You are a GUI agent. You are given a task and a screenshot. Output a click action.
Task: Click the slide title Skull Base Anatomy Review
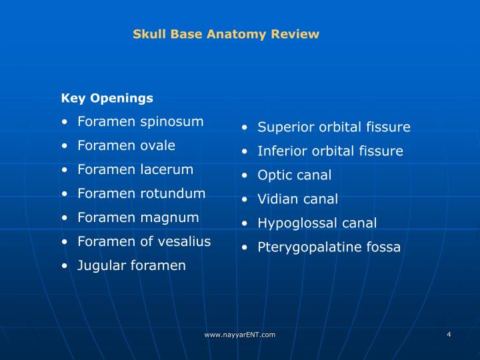tap(226, 34)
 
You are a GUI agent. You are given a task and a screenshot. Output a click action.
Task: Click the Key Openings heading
tap(107, 98)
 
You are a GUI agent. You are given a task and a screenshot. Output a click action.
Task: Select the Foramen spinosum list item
tap(140, 121)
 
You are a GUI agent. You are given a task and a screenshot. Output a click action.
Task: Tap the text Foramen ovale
tap(126, 145)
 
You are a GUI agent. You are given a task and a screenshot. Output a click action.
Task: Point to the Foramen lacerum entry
tap(135, 169)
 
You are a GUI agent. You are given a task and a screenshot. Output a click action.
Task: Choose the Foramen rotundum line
tap(141, 193)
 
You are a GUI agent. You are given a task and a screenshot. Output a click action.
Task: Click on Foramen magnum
tap(138, 217)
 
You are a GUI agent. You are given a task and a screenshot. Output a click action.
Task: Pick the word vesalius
tap(185, 241)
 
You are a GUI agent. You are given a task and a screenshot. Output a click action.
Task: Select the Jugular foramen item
tap(131, 265)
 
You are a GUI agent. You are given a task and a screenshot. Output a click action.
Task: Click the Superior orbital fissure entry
tap(334, 127)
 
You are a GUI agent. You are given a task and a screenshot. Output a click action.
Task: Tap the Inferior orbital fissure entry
tap(330, 151)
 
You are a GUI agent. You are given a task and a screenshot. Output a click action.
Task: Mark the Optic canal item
tap(294, 175)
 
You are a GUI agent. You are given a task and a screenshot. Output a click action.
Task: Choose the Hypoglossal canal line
tap(317, 223)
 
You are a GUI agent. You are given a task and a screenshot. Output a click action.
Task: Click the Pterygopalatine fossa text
tap(329, 247)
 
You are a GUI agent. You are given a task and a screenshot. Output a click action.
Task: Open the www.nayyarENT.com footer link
tap(240, 335)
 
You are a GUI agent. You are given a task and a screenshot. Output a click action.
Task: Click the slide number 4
tap(449, 334)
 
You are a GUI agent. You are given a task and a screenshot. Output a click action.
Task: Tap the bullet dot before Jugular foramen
tap(64, 266)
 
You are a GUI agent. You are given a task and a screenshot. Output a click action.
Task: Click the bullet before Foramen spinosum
tap(64, 122)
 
